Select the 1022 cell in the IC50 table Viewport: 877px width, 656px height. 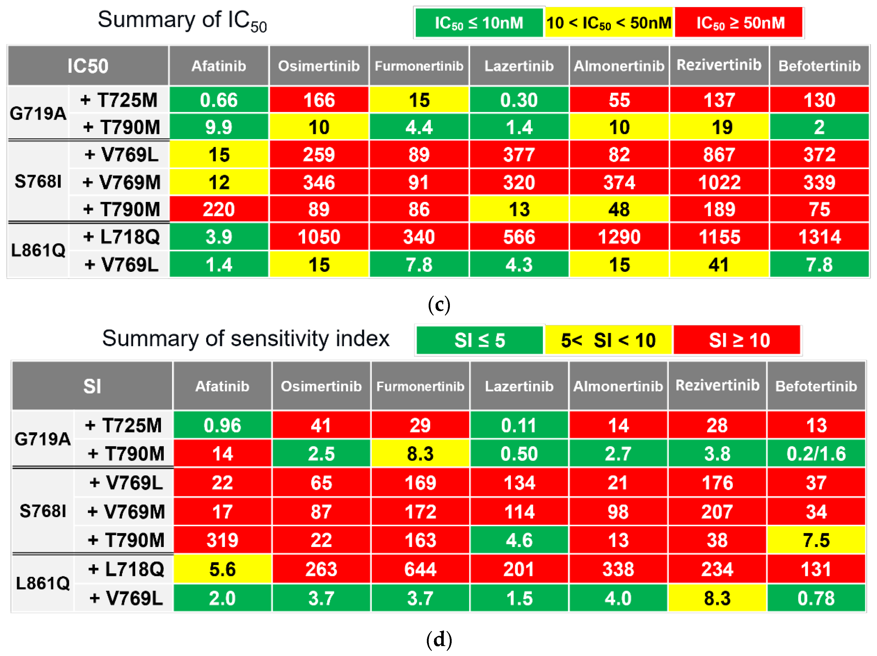tap(719, 182)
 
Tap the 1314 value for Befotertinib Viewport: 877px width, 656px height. tap(819, 237)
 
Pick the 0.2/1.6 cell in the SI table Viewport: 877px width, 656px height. tap(816, 454)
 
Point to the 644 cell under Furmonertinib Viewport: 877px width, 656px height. tap(420, 569)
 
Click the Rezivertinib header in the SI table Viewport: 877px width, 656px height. tap(717, 385)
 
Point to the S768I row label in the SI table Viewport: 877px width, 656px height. tap(42, 511)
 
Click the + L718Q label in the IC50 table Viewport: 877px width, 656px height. tap(121, 237)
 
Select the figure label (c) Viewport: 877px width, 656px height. tap(439, 304)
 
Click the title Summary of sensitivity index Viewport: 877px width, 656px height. tap(246, 339)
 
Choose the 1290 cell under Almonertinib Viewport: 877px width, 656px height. tap(619, 237)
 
